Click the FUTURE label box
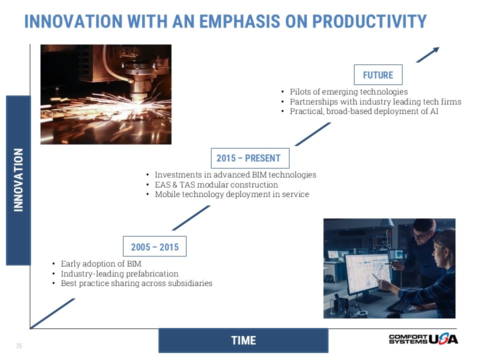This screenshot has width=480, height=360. (x=378, y=74)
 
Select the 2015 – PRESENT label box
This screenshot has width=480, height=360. (x=250, y=158)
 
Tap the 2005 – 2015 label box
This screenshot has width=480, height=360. (x=154, y=246)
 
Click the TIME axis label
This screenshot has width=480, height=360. (x=243, y=340)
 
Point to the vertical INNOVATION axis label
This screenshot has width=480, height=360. (x=18, y=180)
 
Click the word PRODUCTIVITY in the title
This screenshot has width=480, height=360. (x=369, y=21)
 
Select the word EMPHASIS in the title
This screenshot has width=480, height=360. (x=239, y=21)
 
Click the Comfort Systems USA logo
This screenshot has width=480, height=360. (x=423, y=339)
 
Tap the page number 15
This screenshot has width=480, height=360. (x=18, y=345)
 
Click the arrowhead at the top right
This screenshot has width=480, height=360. (x=436, y=50)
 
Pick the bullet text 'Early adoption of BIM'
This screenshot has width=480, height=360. (x=101, y=263)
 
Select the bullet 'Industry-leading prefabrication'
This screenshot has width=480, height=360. (x=119, y=273)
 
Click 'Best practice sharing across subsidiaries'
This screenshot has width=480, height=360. (x=136, y=283)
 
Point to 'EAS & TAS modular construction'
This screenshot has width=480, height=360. (x=216, y=184)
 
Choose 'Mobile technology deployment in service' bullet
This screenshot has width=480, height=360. (x=232, y=194)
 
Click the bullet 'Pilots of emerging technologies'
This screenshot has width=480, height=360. (x=349, y=91)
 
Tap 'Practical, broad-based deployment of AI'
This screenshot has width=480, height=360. (x=364, y=111)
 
